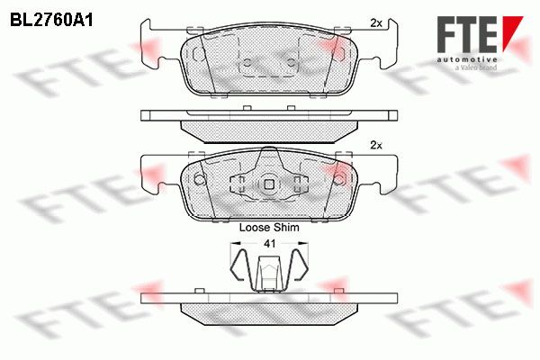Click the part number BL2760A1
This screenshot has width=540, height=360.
click(51, 21)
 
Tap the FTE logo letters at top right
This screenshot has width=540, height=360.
click(466, 34)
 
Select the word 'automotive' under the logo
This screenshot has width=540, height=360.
click(466, 59)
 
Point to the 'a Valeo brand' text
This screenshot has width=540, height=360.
click(476, 67)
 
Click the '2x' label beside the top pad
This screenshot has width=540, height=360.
click(376, 23)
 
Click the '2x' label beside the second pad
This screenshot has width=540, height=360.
click(376, 146)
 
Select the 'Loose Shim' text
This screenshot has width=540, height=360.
click(269, 228)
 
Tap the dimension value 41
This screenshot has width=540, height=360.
click(269, 244)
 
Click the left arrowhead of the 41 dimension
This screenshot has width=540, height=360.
click(235, 244)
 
